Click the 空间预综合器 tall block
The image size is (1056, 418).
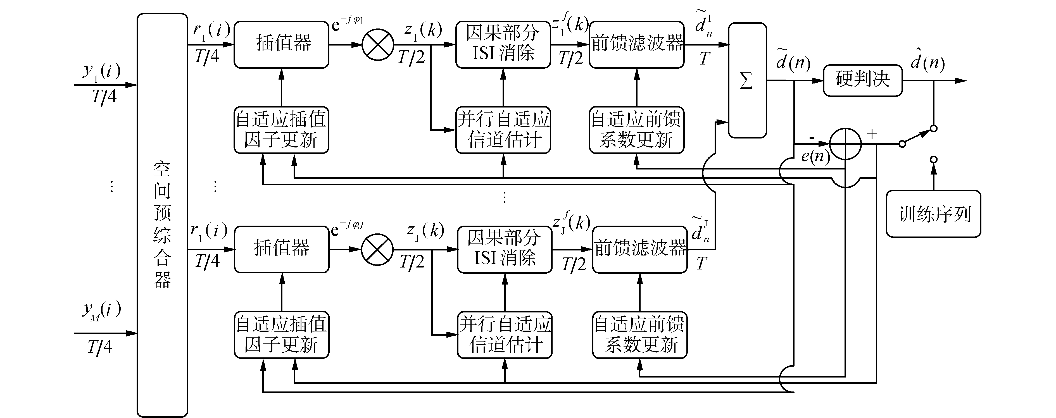pyautogui.click(x=162, y=215)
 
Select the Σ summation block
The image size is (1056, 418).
pyautogui.click(x=747, y=80)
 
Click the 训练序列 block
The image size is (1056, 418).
pyautogui.click(x=933, y=214)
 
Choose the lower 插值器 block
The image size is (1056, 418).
pyautogui.click(x=281, y=249)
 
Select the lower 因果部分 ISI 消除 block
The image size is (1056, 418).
pyautogui.click(x=505, y=249)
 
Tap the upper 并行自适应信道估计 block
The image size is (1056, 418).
pyautogui.click(x=503, y=130)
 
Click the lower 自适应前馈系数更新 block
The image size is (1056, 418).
pyautogui.click(x=639, y=335)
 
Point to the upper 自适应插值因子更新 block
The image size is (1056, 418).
pyautogui.click(x=281, y=130)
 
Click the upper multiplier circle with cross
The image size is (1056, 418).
pyautogui.click(x=377, y=45)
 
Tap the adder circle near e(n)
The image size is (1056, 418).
pyautogui.click(x=845, y=144)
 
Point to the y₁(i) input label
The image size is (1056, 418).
pyautogui.click(x=102, y=71)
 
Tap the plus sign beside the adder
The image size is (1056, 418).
pyautogui.click(x=872, y=134)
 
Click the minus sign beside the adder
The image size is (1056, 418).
pyautogui.click(x=812, y=138)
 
